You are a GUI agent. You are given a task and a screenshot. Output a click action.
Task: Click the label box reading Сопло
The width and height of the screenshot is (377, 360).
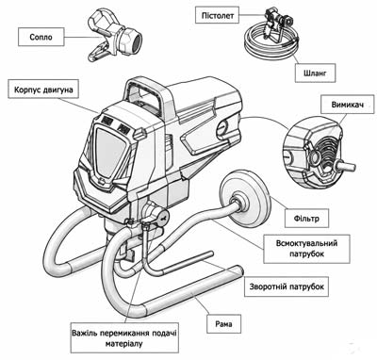[41, 37]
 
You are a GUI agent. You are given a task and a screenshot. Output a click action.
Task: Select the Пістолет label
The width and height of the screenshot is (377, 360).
[218, 15]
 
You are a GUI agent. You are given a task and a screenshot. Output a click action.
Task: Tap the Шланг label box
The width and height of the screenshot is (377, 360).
[315, 74]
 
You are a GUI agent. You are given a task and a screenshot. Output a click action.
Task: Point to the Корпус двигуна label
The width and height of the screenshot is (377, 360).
[43, 90]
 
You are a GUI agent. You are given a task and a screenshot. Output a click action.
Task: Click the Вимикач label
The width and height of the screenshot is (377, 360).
[348, 105]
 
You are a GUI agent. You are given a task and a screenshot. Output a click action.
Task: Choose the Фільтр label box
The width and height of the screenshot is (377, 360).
[306, 218]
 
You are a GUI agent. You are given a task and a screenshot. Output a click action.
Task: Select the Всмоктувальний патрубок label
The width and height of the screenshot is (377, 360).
[306, 249]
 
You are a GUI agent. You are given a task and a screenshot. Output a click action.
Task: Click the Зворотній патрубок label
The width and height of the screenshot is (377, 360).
[287, 286]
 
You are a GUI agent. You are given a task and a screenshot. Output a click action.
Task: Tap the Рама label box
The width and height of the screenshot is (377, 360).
[224, 323]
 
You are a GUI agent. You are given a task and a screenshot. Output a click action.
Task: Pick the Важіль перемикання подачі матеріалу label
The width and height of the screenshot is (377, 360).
[124, 337]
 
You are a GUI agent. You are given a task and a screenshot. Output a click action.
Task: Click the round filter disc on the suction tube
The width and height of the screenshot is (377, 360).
[246, 199]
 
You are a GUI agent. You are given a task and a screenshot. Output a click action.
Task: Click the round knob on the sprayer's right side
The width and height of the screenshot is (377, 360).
[223, 127]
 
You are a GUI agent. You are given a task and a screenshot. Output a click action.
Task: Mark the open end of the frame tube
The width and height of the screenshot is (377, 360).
[240, 270]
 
